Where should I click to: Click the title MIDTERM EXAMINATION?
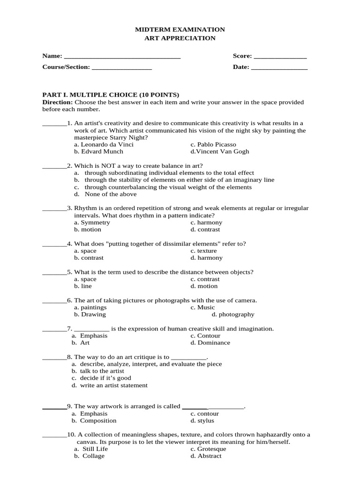coord(180,30)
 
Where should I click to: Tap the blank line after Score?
coord(280,57)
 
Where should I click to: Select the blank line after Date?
coord(279,67)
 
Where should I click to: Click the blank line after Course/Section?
coord(122,67)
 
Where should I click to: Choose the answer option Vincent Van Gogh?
coord(220,152)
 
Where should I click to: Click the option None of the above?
coord(111,195)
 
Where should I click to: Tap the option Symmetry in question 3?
coord(92,223)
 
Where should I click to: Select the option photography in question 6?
coord(233,315)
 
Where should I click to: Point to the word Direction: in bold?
coord(58,102)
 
